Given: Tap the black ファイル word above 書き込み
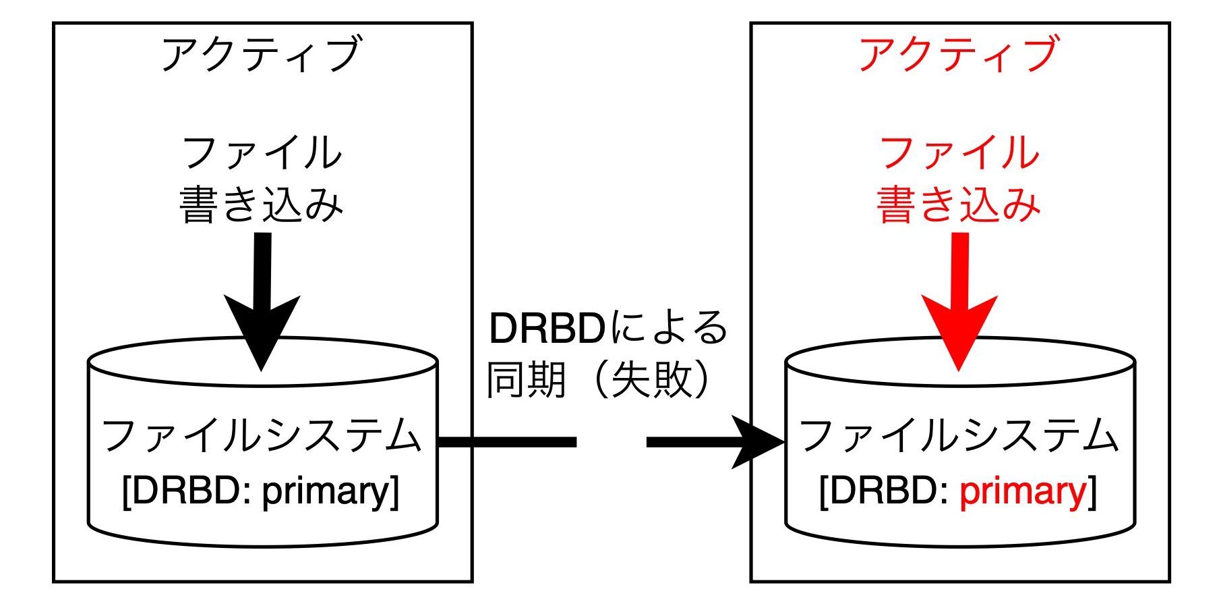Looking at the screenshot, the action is click(x=262, y=153).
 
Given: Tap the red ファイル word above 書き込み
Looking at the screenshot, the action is click(x=959, y=153).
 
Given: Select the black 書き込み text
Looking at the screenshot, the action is click(x=262, y=204).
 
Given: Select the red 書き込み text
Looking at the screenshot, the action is click(x=959, y=204).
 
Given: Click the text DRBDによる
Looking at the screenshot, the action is click(x=608, y=329).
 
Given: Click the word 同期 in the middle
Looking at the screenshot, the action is click(x=527, y=379).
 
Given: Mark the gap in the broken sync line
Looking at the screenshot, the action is click(x=612, y=442).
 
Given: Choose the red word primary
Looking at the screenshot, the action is click(x=1023, y=492).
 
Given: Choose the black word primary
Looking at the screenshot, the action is click(x=326, y=492).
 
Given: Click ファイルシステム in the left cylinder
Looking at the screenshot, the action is click(x=262, y=435).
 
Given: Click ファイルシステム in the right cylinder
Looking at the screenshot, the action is click(x=959, y=435).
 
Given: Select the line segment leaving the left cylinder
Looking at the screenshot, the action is click(x=507, y=442).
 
